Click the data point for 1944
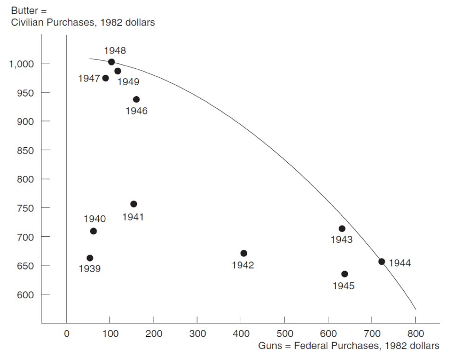[x=382, y=261]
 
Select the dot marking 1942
[x=243, y=253]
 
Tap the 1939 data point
[x=90, y=258]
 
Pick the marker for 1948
[x=111, y=62]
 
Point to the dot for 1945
[x=345, y=274]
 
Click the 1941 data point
[x=134, y=204]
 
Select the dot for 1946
[x=136, y=100]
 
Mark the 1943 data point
[x=342, y=229]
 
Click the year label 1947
[x=89, y=79]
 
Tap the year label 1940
[x=95, y=219]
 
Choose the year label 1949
[x=128, y=82]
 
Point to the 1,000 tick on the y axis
[x=23, y=64]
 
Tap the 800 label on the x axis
[x=416, y=333]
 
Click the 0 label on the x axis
[x=67, y=333]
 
